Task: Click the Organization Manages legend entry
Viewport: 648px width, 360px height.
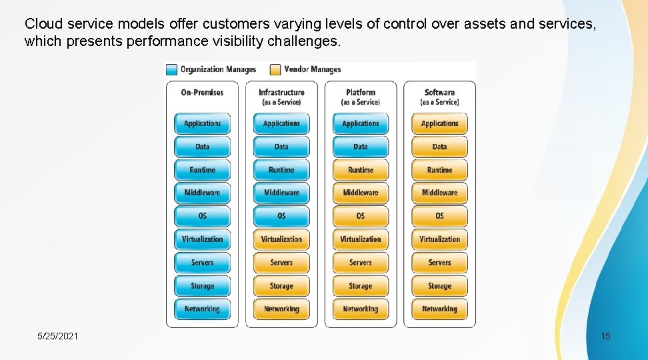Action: pos(211,69)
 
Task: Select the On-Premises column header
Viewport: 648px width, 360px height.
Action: pos(202,93)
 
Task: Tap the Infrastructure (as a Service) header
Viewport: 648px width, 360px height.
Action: pos(281,97)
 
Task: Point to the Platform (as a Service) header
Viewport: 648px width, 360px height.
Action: pos(361,97)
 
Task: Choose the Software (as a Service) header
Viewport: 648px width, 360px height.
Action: pos(439,97)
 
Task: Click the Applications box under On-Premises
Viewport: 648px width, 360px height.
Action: pos(202,123)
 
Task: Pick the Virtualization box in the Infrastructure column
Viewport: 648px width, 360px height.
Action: pos(281,239)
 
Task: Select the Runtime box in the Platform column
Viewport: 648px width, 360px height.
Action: pos(361,170)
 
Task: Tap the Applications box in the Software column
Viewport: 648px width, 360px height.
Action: pos(439,123)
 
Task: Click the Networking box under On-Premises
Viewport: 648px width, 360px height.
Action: pos(202,309)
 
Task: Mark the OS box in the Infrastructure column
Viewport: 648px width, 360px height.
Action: pos(281,216)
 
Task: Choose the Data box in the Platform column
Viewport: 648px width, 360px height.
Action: pos(361,147)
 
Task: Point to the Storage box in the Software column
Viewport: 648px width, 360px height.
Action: pos(439,286)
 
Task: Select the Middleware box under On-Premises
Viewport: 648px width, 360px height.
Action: pos(202,193)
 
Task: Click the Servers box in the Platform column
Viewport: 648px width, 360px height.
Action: pos(361,263)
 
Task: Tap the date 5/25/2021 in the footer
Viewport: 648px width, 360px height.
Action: pos(57,336)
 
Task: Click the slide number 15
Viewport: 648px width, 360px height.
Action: pos(605,336)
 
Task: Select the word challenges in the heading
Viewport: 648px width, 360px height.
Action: pos(307,42)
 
